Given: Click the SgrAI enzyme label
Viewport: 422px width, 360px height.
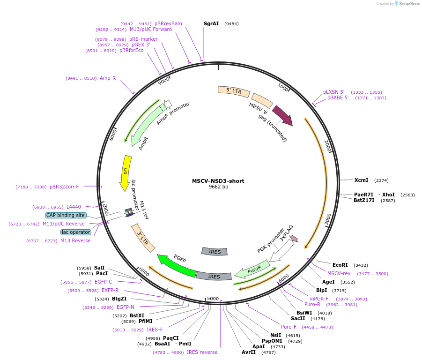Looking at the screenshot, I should tap(211, 23).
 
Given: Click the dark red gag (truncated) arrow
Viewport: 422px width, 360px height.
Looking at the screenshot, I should tap(282, 115).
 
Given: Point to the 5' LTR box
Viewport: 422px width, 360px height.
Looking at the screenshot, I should tap(234, 91).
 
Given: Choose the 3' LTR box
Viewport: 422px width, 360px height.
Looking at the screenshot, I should tap(143, 238).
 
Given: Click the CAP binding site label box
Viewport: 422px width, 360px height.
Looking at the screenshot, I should tap(66, 215).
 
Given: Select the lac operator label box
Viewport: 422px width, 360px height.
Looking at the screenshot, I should tap(75, 232).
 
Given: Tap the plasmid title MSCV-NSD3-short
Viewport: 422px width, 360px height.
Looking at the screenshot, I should tap(218, 181).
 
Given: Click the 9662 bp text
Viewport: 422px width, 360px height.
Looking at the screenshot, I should tap(218, 187).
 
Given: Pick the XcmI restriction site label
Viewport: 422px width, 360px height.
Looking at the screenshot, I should tap(361, 180).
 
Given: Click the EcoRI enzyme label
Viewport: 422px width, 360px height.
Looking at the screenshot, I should tap(340, 265).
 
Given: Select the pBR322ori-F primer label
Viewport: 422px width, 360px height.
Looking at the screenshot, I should tap(64, 187).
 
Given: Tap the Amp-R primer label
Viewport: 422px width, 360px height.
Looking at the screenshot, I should tap(107, 78).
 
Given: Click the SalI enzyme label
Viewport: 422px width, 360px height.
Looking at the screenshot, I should tap(99, 268).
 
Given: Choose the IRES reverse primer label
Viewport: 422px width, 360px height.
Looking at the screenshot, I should tap(202, 352).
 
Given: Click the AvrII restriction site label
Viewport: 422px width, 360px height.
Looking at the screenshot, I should tap(249, 352).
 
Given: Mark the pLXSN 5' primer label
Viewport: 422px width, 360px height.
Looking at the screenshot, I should tap(333, 92).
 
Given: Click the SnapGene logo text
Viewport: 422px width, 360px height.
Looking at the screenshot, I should tap(409, 4).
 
